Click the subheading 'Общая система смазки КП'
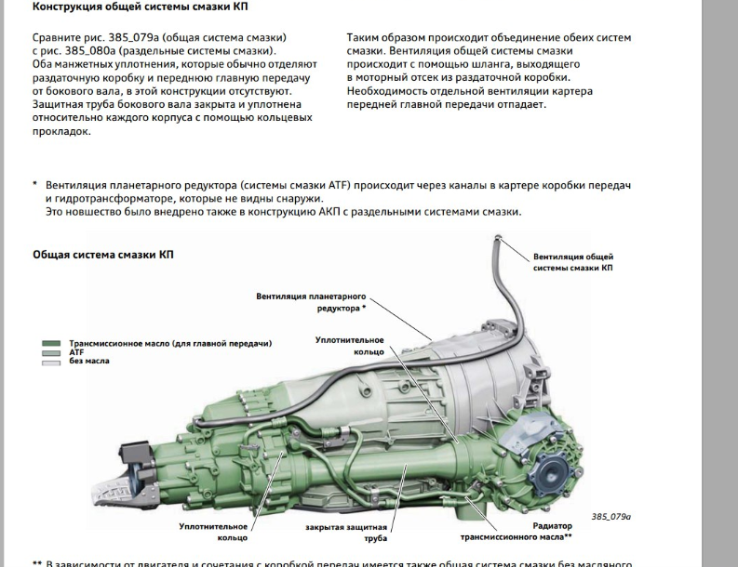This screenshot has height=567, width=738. (102, 254)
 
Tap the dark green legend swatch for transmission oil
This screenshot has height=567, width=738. (51, 344)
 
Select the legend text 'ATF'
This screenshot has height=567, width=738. (76, 352)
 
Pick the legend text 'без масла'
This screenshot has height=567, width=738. (88, 361)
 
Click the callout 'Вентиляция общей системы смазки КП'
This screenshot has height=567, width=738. (572, 262)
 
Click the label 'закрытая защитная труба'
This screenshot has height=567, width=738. (338, 533)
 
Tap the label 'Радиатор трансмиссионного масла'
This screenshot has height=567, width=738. (516, 531)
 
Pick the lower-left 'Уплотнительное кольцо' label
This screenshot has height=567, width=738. (213, 532)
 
